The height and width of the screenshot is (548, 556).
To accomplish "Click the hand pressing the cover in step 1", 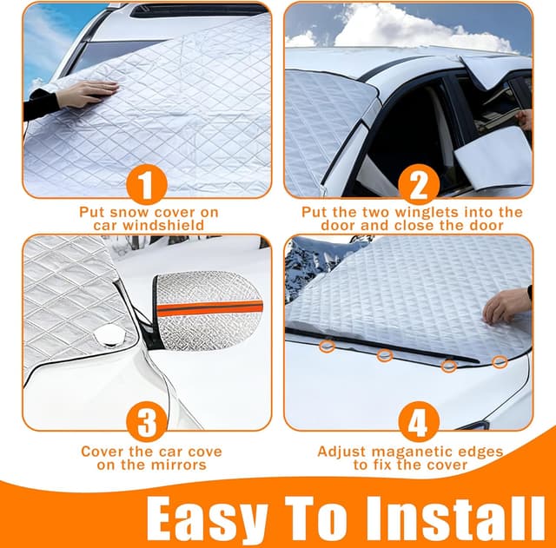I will tap(86, 93).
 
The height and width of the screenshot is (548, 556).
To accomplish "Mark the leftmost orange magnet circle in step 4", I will tap(326, 346).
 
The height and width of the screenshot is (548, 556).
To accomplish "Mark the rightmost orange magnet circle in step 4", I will tap(500, 361).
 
